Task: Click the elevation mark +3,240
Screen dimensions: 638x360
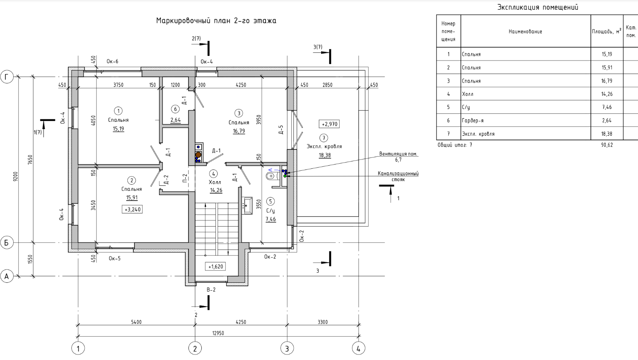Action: click(132, 209)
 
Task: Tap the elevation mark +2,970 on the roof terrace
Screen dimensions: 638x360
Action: click(329, 124)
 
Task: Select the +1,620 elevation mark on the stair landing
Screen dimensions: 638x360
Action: click(216, 267)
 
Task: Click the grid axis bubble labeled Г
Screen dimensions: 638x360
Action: click(7, 77)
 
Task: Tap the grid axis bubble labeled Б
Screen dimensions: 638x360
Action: click(7, 243)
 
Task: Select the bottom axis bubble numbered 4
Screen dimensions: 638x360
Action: click(358, 348)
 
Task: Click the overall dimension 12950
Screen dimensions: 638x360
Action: click(218, 333)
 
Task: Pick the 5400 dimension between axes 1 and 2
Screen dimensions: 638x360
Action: click(136, 322)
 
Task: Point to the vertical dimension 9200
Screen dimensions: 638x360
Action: click(16, 176)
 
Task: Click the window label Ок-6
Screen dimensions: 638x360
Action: click(112, 61)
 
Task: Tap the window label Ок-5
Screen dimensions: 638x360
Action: click(115, 258)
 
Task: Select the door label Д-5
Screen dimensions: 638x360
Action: click(281, 130)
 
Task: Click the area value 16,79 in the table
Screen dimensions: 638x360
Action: click(607, 81)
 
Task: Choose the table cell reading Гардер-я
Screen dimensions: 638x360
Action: click(473, 121)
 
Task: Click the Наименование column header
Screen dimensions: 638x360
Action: click(526, 31)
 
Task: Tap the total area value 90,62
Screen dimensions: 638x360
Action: click(607, 145)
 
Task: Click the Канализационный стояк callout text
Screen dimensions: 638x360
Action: click(398, 176)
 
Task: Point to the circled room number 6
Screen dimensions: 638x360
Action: click(175, 109)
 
